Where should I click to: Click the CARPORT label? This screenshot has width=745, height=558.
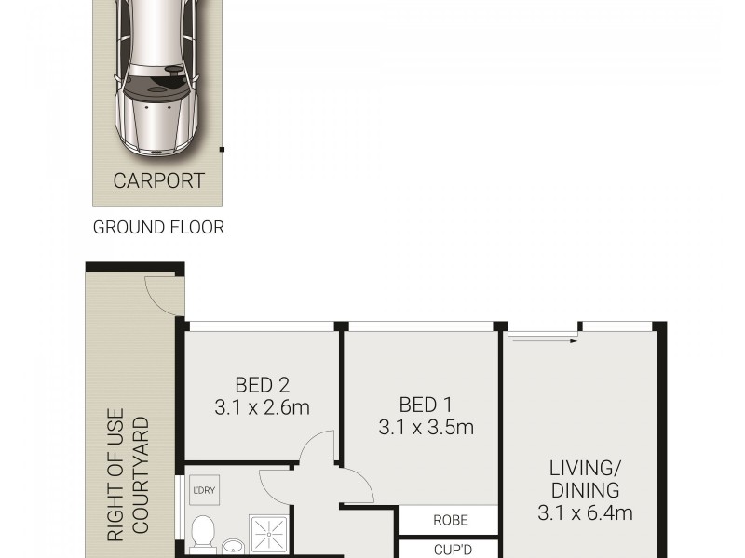point(158,180)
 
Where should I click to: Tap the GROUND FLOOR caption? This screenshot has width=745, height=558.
point(158,227)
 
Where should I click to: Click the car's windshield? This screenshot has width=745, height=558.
point(157,89)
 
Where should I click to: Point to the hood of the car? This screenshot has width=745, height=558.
point(157,126)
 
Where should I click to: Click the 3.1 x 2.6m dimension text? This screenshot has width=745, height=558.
point(262,407)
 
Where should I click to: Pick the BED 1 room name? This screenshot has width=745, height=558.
point(426,405)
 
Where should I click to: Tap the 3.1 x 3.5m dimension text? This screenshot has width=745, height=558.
point(426,428)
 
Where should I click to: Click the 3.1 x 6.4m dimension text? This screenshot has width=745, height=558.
point(586,512)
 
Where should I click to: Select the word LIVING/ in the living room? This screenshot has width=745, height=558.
point(584,467)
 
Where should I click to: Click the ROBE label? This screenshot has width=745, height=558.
point(451,521)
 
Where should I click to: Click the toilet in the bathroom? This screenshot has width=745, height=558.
point(203,535)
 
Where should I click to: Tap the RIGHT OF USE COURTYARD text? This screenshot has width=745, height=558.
point(129,479)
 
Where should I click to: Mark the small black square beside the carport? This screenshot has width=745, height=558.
point(222,148)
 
